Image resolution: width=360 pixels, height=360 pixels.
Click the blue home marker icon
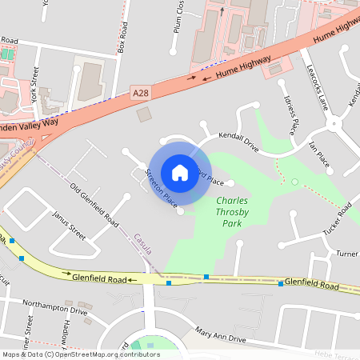click(180, 172)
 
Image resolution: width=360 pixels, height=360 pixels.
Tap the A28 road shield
click(141, 94)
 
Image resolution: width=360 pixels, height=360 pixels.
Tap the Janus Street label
click(69, 226)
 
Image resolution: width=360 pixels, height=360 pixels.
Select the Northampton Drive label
click(55, 309)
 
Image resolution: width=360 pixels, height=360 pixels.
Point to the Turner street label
click(347, 254)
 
